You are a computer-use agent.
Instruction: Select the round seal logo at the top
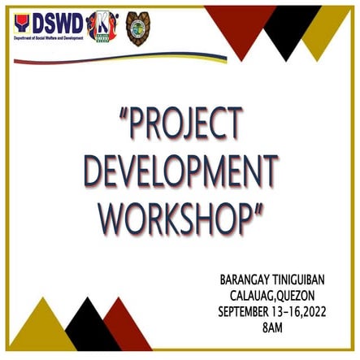click(x=137, y=28)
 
